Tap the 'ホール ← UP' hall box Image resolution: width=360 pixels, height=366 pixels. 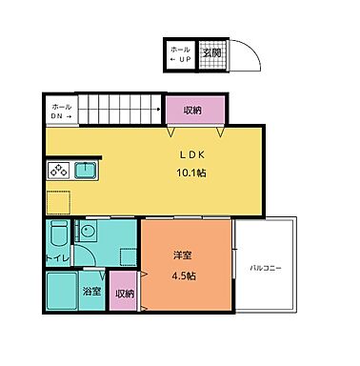[180, 54]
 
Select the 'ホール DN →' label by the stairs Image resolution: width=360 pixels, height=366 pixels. [60, 112]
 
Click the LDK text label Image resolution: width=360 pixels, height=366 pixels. [185, 153]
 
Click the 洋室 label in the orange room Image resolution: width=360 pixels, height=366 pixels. [183, 256]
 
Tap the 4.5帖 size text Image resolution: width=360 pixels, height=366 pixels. [183, 276]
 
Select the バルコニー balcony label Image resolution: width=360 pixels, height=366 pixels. [266, 270]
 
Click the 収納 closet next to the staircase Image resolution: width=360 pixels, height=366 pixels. [192, 110]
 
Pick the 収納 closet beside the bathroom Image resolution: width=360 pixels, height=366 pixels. [125, 294]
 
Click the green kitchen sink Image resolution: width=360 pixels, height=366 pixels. [88, 172]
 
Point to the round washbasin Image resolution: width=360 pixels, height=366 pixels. [87, 231]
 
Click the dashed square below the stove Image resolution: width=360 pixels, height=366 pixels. [57, 201]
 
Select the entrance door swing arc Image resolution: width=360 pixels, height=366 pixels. [245, 58]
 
